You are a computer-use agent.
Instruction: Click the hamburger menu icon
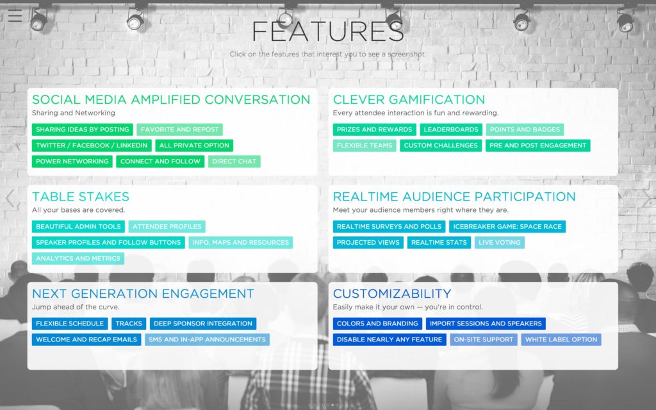[x=15, y=15]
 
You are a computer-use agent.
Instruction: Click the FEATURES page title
[x=328, y=32]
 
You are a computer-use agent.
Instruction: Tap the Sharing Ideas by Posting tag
[x=83, y=129]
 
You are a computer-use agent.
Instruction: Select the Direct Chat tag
[x=234, y=161]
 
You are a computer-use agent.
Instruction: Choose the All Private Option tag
[x=194, y=145]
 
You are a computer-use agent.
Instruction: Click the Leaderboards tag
[x=451, y=129]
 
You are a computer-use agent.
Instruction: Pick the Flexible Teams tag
[x=365, y=145]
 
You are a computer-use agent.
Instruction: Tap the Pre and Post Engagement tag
[x=538, y=145]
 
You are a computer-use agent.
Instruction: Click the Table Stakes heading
[x=81, y=197]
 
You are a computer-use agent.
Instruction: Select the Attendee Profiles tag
[x=167, y=227]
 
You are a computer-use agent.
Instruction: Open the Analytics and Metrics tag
[x=78, y=259]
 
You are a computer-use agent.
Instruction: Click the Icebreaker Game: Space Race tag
[x=507, y=227]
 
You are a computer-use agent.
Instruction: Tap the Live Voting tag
[x=500, y=243]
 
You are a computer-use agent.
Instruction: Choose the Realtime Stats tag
[x=439, y=243]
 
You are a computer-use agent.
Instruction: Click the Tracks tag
[x=129, y=324]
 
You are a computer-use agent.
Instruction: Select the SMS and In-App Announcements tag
[x=207, y=340]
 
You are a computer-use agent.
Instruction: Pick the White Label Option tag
[x=561, y=340]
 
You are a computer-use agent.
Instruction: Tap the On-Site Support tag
[x=484, y=340]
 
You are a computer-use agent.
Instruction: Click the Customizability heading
[x=392, y=293]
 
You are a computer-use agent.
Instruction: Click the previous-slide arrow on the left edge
[x=10, y=199]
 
